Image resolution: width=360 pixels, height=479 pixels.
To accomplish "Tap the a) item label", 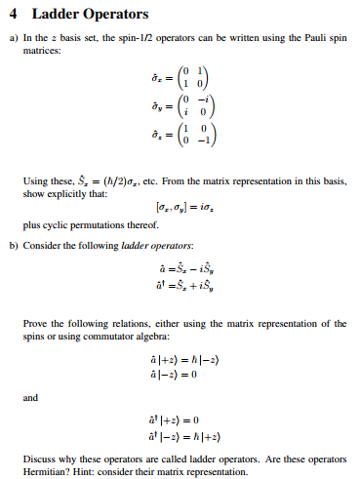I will [x=14, y=39].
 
